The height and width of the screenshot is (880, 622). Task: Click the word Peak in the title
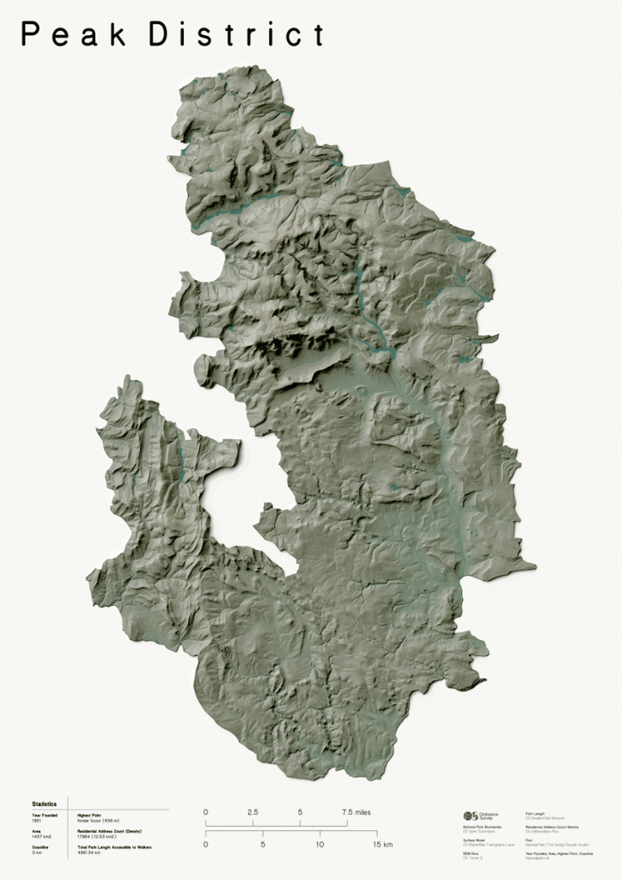[x=73, y=35]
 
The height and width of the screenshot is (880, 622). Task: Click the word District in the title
[x=237, y=35]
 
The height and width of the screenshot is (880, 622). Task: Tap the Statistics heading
[x=44, y=804]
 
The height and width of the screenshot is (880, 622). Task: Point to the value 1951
[x=37, y=821]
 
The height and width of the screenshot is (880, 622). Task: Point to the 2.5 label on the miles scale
[x=253, y=812]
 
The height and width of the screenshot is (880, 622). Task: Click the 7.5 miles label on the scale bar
[x=356, y=812]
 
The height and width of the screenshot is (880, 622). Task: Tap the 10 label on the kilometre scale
[x=320, y=845]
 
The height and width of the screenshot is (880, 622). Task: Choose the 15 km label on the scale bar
[x=383, y=845]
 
